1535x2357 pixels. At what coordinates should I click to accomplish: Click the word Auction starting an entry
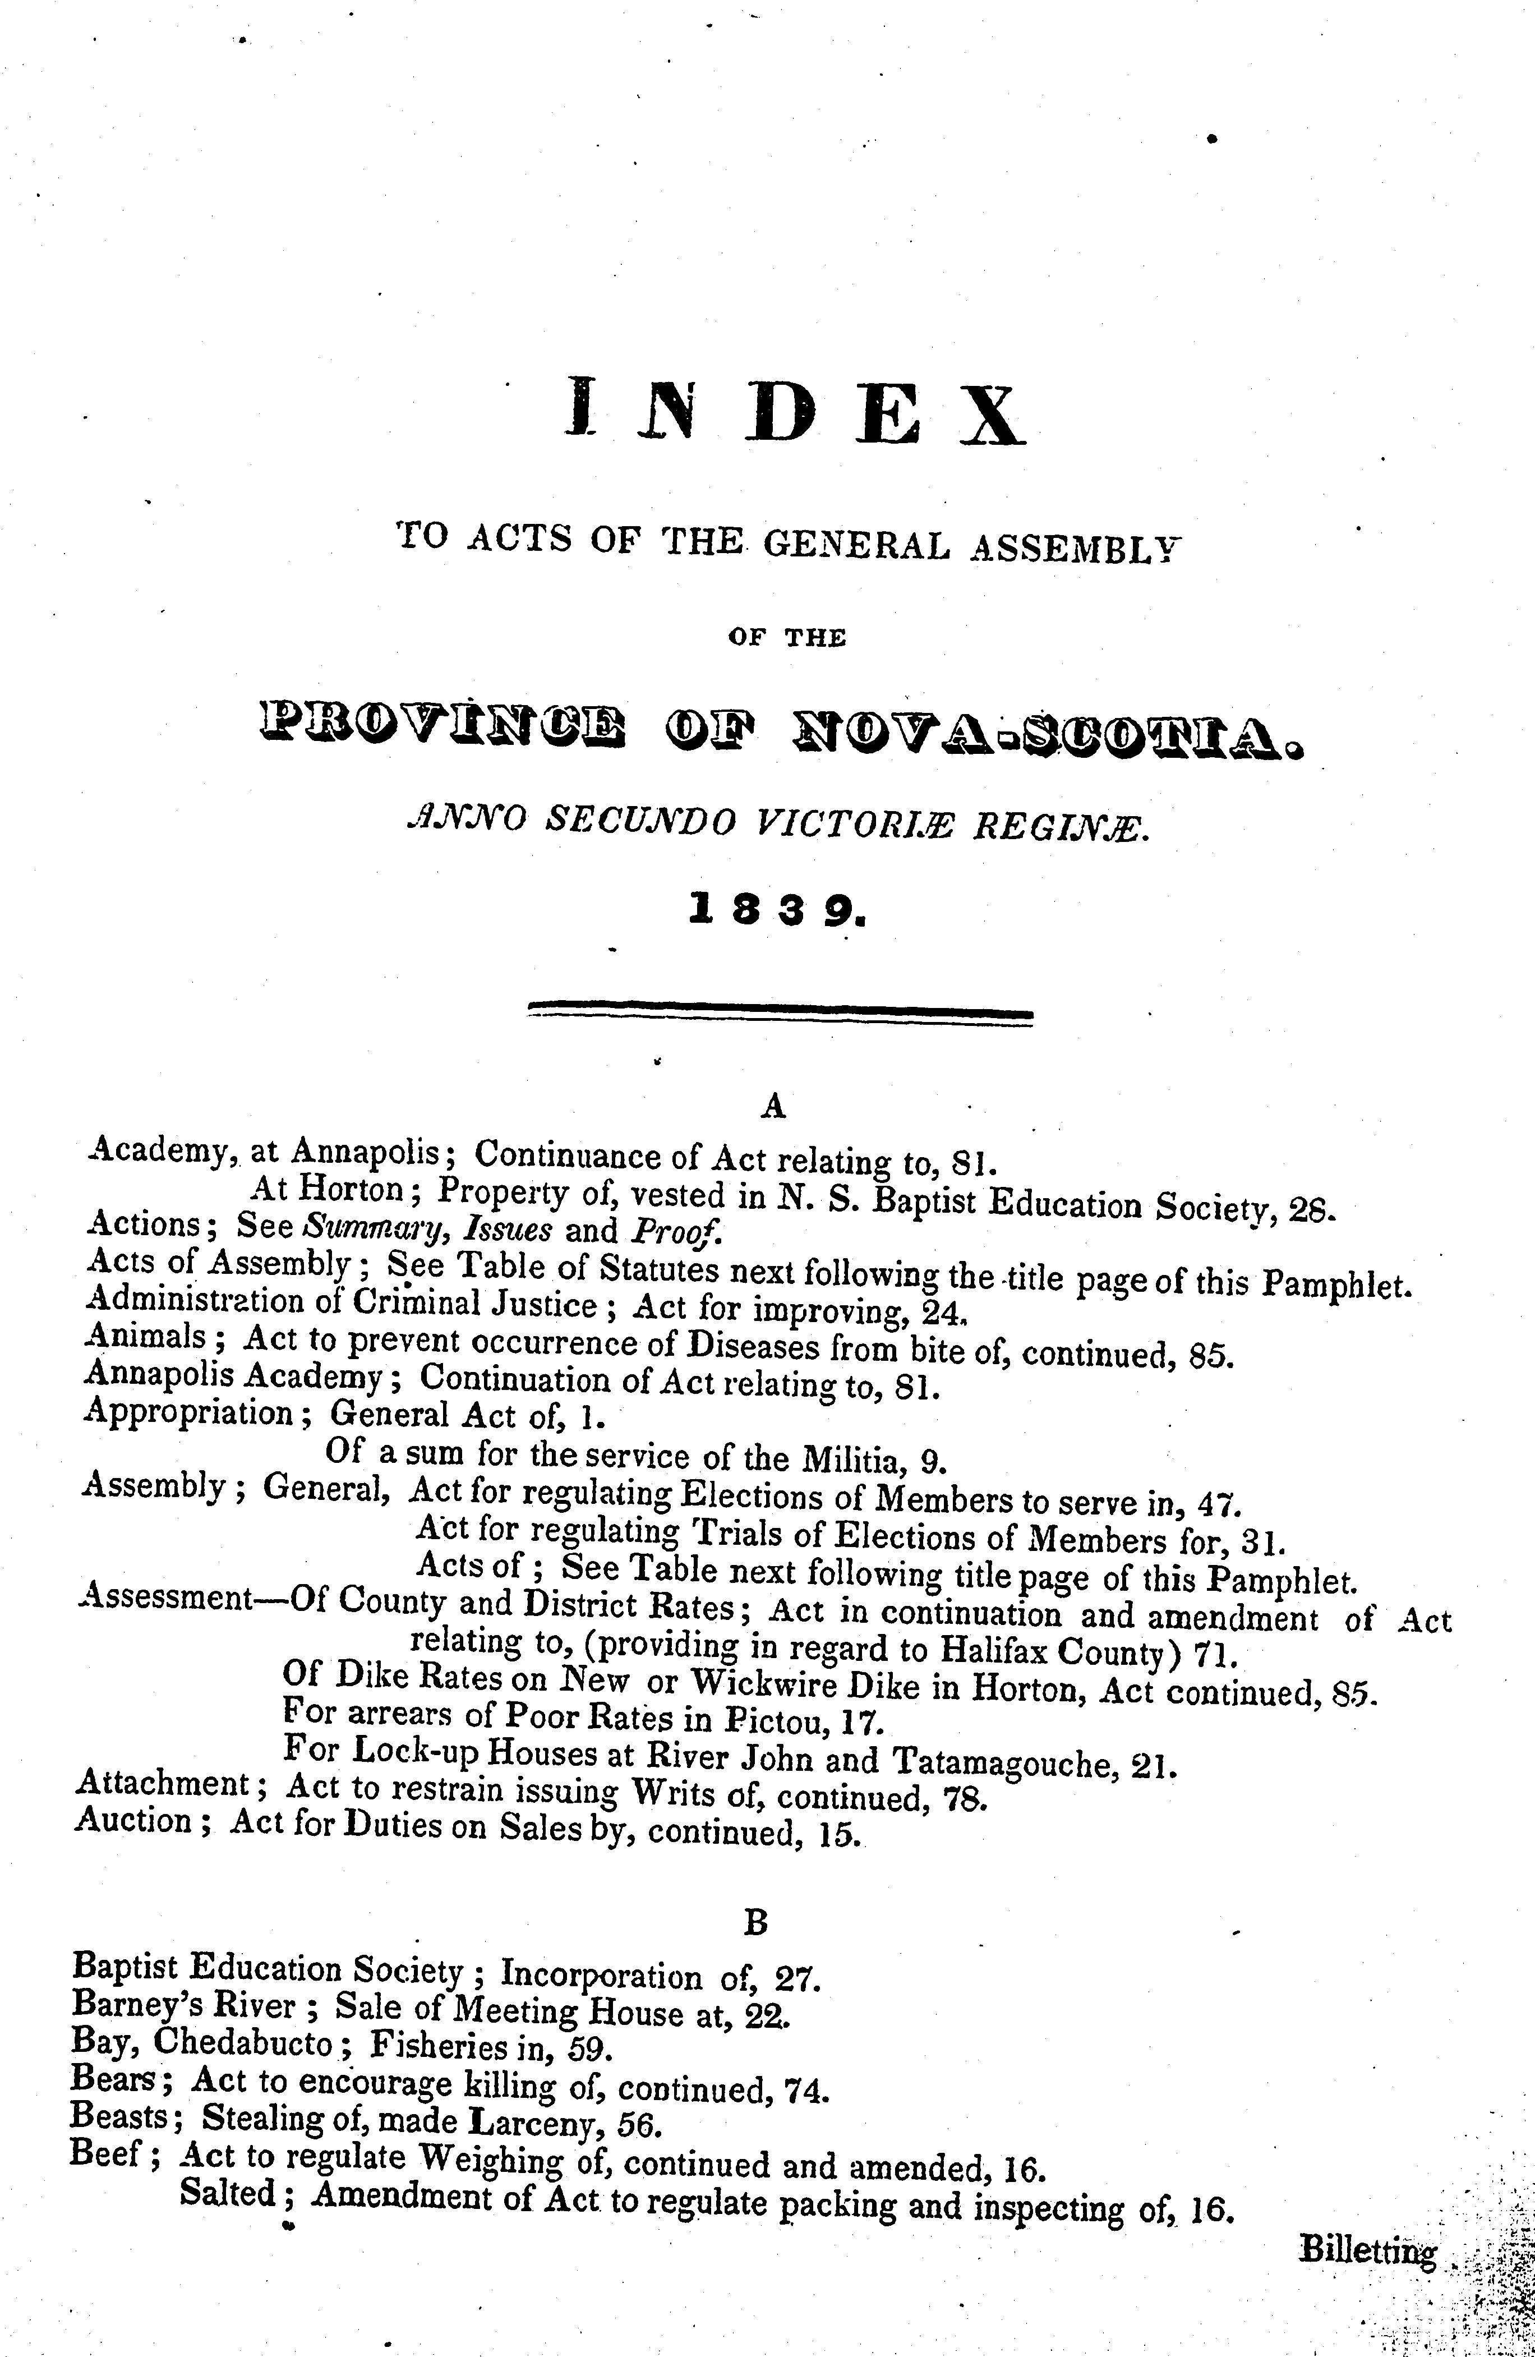[133, 1820]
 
